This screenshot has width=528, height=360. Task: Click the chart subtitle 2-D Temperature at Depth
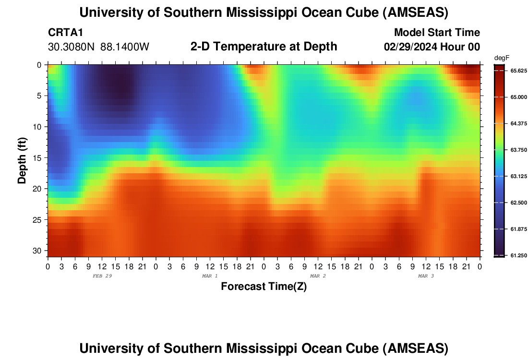(264, 47)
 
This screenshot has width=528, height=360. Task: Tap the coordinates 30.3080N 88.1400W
(99, 47)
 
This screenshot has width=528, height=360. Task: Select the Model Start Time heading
(436, 33)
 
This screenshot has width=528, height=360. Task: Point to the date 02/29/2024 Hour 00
(432, 47)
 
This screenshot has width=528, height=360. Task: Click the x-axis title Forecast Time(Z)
(264, 287)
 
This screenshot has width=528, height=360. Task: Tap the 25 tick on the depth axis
(37, 220)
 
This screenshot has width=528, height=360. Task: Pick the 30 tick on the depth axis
(37, 251)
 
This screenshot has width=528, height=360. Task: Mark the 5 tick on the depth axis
(39, 96)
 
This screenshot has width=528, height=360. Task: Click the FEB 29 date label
(101, 276)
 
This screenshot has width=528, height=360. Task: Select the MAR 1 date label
(210, 276)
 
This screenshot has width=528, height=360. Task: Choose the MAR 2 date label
(318, 276)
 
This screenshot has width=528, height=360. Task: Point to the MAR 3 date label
(426, 276)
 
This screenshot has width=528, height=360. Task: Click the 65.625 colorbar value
(518, 71)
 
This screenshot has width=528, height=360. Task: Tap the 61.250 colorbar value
(518, 255)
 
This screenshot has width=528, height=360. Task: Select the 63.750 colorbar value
(518, 150)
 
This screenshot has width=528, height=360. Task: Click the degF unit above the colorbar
(502, 58)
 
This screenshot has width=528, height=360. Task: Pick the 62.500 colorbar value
(518, 203)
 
